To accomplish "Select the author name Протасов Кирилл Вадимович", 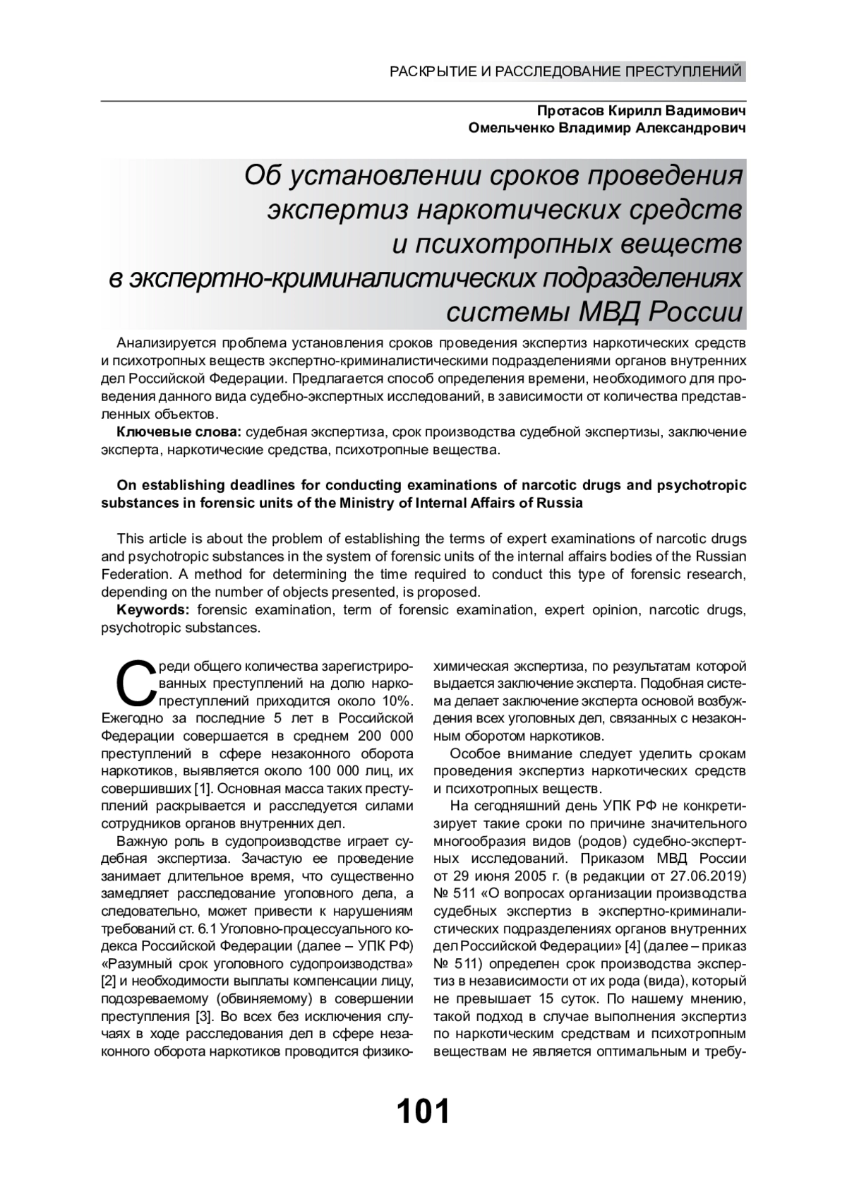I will pos(640,112).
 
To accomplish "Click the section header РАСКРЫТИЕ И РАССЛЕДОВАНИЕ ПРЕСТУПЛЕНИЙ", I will pos(566,71).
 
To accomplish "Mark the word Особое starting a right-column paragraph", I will pos(474,753).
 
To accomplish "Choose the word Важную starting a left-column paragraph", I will pos(141,841).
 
